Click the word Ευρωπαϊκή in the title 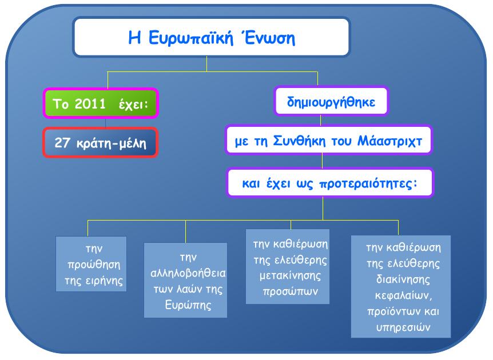tap(190, 38)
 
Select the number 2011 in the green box tap(90, 103)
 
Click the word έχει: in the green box tap(133, 104)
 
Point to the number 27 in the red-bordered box tap(62, 142)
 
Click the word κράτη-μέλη tap(112, 143)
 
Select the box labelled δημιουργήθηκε tap(331, 101)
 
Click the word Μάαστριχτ tap(389, 141)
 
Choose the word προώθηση tap(94, 265)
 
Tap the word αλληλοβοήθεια tap(188, 273)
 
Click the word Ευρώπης tap(188, 305)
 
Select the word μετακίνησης tap(290, 276)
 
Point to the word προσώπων tap(290, 291)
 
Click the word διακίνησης tap(403, 279)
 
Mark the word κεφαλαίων tap(403, 295)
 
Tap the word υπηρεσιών tap(403, 327)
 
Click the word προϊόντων tap(390, 311)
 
